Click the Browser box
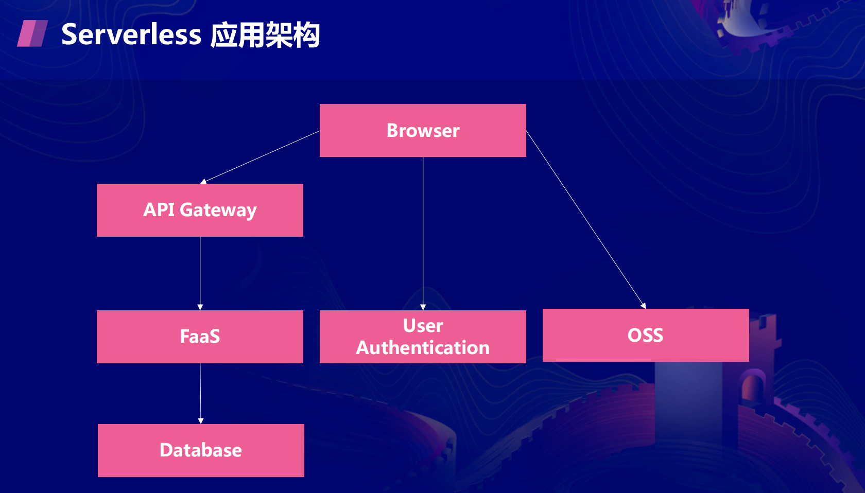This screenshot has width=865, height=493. click(x=423, y=131)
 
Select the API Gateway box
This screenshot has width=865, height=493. click(x=200, y=210)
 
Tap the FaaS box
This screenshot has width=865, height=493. click(x=200, y=337)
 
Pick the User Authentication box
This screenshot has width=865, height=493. click(x=423, y=337)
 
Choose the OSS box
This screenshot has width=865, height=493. click(x=646, y=335)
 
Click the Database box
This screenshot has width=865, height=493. click(x=201, y=450)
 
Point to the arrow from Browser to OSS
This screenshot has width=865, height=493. click(x=586, y=220)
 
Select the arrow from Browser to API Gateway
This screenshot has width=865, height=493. click(x=260, y=157)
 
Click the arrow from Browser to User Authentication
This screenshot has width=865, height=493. click(x=423, y=234)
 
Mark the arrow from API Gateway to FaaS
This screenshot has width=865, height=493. click(x=200, y=273)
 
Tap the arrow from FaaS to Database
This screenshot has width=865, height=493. click(x=200, y=394)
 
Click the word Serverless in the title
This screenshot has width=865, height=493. click(x=131, y=34)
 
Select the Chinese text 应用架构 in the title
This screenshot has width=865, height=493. click(x=265, y=35)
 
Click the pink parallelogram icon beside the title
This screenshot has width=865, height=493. click(x=32, y=33)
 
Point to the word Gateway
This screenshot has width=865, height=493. click(x=218, y=210)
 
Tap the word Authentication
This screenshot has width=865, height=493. click(x=423, y=347)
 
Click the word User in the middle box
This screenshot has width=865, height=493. click(x=423, y=325)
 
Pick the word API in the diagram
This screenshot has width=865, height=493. click(x=159, y=209)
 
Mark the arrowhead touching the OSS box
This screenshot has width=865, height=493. click(x=644, y=306)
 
